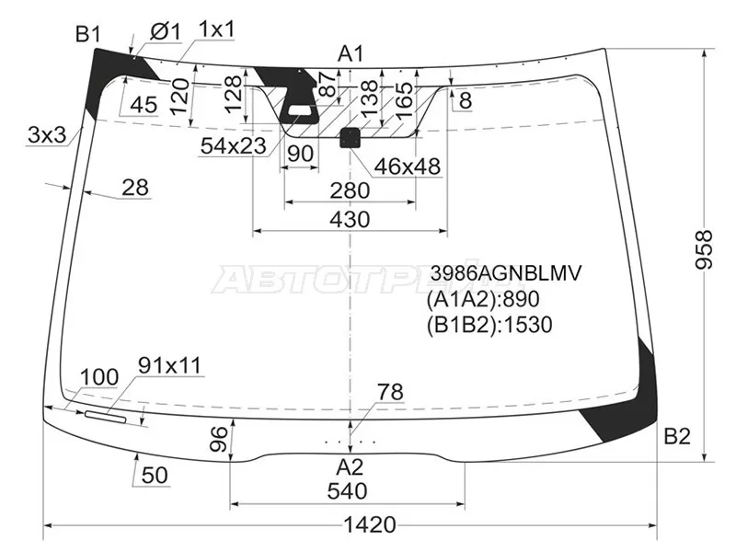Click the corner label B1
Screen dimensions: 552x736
(x=87, y=35)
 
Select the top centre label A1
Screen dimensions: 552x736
(x=351, y=52)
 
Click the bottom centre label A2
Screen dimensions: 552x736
(x=350, y=465)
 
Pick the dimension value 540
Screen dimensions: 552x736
(x=347, y=490)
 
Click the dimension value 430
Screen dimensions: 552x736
(x=349, y=219)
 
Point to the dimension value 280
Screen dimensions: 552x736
(x=349, y=190)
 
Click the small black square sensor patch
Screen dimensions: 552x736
(x=351, y=138)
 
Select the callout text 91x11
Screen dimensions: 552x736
(x=169, y=365)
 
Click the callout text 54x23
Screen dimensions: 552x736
(x=233, y=145)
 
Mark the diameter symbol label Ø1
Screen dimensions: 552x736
(x=163, y=31)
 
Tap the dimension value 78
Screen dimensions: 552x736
(x=390, y=393)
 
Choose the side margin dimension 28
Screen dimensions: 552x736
(x=135, y=188)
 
